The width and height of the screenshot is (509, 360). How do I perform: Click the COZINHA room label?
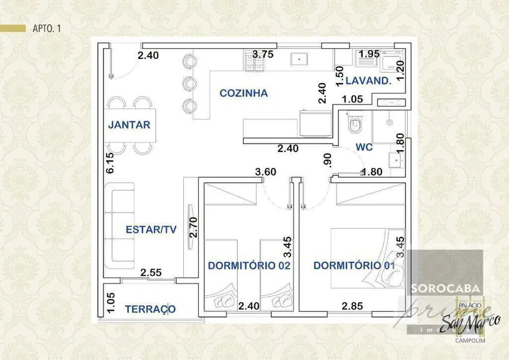click(x=243, y=93)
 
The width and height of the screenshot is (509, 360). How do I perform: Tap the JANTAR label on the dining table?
click(x=128, y=125)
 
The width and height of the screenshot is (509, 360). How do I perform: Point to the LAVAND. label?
click(x=368, y=80)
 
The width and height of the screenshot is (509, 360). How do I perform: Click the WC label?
click(x=364, y=148)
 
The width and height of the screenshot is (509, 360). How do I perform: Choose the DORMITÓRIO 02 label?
click(x=249, y=265)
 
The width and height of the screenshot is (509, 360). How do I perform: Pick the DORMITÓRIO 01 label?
click(x=354, y=265)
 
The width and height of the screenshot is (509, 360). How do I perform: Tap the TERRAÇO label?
click(x=150, y=309)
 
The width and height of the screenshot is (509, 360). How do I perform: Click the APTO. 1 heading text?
click(x=43, y=29)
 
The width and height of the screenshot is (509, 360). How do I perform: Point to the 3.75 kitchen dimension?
click(x=263, y=54)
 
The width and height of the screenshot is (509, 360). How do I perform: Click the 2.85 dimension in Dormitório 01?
click(x=352, y=306)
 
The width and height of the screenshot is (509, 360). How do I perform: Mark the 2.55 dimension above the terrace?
click(x=151, y=272)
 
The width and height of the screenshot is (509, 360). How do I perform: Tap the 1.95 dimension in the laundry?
click(x=369, y=54)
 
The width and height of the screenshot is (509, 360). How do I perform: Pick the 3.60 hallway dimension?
click(x=266, y=172)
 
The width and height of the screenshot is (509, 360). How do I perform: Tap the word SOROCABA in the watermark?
click(x=446, y=289)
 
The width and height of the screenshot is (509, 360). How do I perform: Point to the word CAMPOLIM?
click(x=470, y=341)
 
